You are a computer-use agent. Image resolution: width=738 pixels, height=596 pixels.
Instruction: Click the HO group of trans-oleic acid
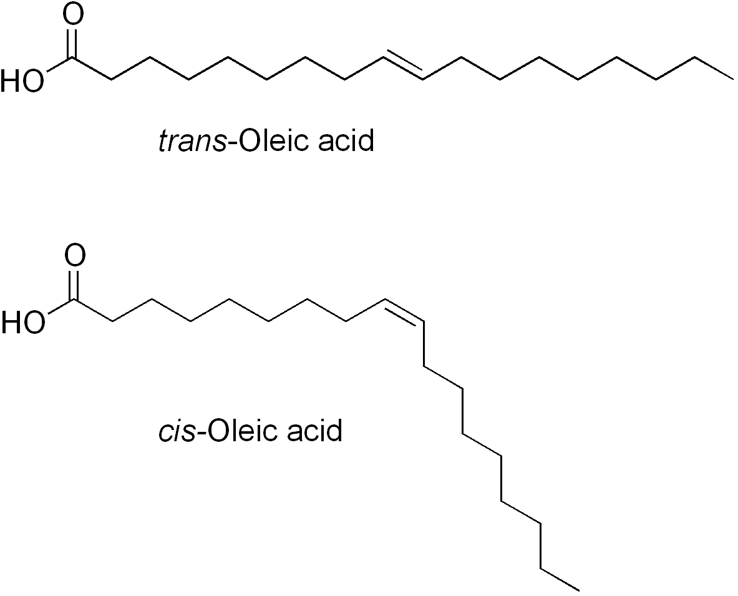pyautogui.click(x=22, y=81)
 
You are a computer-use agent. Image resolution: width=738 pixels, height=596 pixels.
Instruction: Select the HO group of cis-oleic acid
pyautogui.click(x=24, y=323)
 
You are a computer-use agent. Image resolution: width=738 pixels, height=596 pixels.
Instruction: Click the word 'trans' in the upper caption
pyautogui.click(x=193, y=141)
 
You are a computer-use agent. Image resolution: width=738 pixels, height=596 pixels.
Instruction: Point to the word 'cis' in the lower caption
pyautogui.click(x=177, y=431)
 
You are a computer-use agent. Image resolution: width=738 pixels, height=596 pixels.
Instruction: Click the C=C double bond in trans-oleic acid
pyautogui.click(x=403, y=67)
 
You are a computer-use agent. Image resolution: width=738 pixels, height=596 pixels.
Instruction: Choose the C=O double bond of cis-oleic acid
pyautogui.click(x=73, y=285)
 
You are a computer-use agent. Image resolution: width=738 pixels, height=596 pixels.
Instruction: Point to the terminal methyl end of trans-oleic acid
pyautogui.click(x=733, y=79)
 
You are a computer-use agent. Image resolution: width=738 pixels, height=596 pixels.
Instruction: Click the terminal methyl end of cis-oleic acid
pyautogui.click(x=578, y=590)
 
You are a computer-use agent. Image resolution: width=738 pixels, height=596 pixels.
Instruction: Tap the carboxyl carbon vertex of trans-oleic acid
pyautogui.click(x=72, y=59)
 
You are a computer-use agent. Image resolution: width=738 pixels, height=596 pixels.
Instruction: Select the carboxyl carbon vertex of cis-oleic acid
pyautogui.click(x=73, y=300)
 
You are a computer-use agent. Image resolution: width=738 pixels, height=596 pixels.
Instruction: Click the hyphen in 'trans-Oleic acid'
pyautogui.click(x=233, y=143)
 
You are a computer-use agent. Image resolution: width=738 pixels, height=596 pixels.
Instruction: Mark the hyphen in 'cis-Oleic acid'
pyautogui.click(x=200, y=433)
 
